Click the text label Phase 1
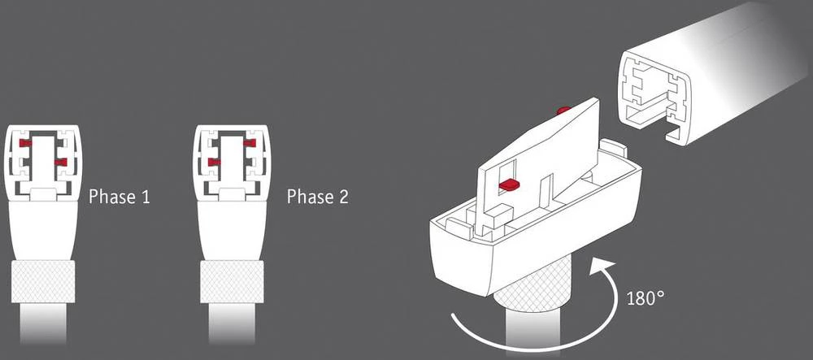pos(119,197)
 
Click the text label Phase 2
pos(318,197)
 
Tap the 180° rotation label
pos(646,297)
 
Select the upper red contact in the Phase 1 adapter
pos(25,143)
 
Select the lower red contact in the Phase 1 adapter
pos(59,163)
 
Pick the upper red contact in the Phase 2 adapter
pos(249,143)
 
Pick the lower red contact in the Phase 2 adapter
pos(215,163)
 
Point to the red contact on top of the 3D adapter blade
pos(562,110)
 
